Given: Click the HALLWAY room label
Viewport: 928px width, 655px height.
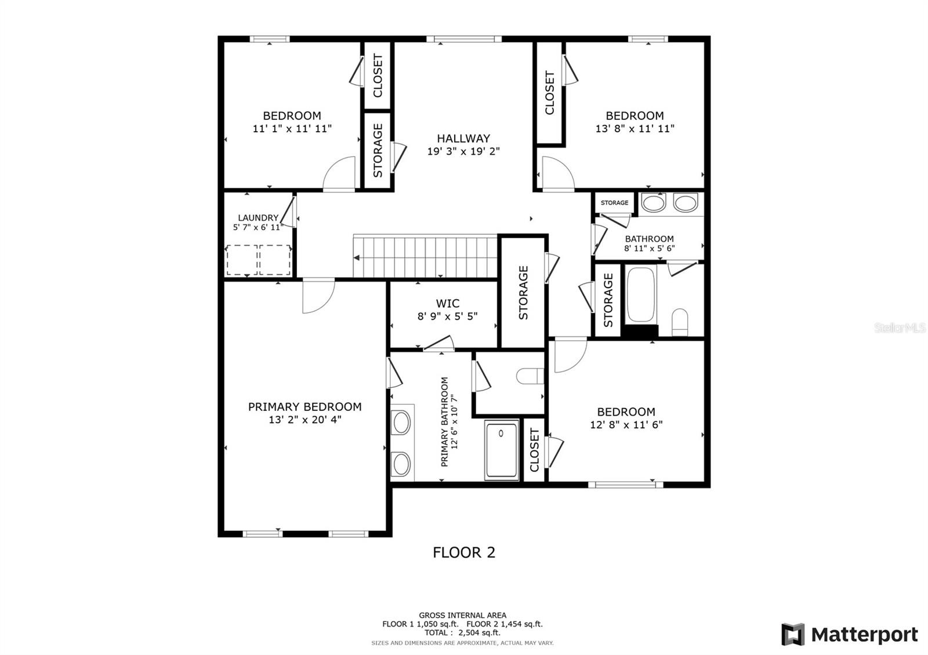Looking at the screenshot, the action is click(x=463, y=139).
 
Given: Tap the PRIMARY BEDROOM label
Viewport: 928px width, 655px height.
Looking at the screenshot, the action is click(x=304, y=406).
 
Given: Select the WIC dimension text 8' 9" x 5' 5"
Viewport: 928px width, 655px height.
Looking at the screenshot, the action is click(x=447, y=316).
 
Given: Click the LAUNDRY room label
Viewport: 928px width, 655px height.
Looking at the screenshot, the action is click(x=258, y=218).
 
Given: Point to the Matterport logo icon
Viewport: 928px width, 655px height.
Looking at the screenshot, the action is click(x=792, y=634).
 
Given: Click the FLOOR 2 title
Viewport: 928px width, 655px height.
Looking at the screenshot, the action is click(x=464, y=552).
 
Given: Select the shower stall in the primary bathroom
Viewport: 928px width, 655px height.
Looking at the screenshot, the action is click(x=502, y=450).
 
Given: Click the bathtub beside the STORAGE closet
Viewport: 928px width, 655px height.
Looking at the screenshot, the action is click(x=640, y=294).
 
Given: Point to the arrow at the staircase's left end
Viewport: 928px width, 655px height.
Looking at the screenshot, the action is click(x=356, y=258).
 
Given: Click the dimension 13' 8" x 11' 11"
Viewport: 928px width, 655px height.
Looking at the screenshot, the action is click(x=635, y=129).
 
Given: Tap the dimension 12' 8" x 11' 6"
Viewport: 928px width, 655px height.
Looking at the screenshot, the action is click(x=626, y=425).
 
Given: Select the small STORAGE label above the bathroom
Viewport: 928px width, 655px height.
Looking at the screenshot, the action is click(x=614, y=203).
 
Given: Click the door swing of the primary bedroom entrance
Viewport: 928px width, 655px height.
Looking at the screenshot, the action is click(x=318, y=296).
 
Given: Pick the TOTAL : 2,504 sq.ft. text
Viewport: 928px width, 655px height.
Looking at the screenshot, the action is click(x=462, y=632).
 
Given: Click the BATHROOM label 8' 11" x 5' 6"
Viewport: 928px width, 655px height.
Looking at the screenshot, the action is click(x=649, y=243).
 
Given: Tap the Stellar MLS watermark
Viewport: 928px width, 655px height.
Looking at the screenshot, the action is click(x=900, y=328).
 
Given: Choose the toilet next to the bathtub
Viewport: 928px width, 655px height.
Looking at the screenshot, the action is click(x=680, y=322).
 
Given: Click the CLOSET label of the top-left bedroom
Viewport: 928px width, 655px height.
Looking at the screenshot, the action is click(x=378, y=75).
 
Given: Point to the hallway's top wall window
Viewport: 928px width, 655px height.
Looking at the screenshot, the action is click(x=464, y=39).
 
